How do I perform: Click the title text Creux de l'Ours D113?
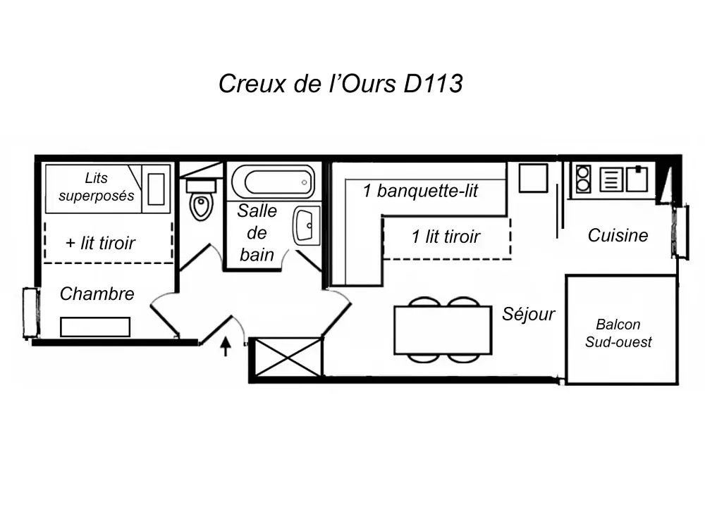pyautogui.click(x=341, y=83)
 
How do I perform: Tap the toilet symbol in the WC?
pyautogui.click(x=202, y=201)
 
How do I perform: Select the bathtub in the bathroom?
pyautogui.click(x=273, y=182)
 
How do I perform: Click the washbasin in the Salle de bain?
pyautogui.click(x=307, y=225)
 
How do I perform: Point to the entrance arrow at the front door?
pyautogui.click(x=226, y=346)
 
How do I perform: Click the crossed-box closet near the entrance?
pyautogui.click(x=288, y=357)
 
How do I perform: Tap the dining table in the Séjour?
pyautogui.click(x=443, y=330)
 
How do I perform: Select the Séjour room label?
pyautogui.click(x=528, y=314)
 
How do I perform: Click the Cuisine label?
pyautogui.click(x=618, y=235)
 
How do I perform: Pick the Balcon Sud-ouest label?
pyautogui.click(x=618, y=334)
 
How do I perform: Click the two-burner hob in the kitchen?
pyautogui.click(x=583, y=179)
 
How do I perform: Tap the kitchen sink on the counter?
pyautogui.click(x=637, y=178)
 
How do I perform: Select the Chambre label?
pyautogui.click(x=97, y=294)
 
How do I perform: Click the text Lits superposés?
pyautogui.click(x=96, y=187)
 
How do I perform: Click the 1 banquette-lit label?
pyautogui.click(x=420, y=191)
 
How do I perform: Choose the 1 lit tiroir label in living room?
pyautogui.click(x=446, y=237)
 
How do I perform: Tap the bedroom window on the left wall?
pyautogui.click(x=30, y=313)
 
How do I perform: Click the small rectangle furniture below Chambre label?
pyautogui.click(x=95, y=327)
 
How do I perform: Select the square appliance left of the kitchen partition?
pyautogui.click(x=533, y=178)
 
